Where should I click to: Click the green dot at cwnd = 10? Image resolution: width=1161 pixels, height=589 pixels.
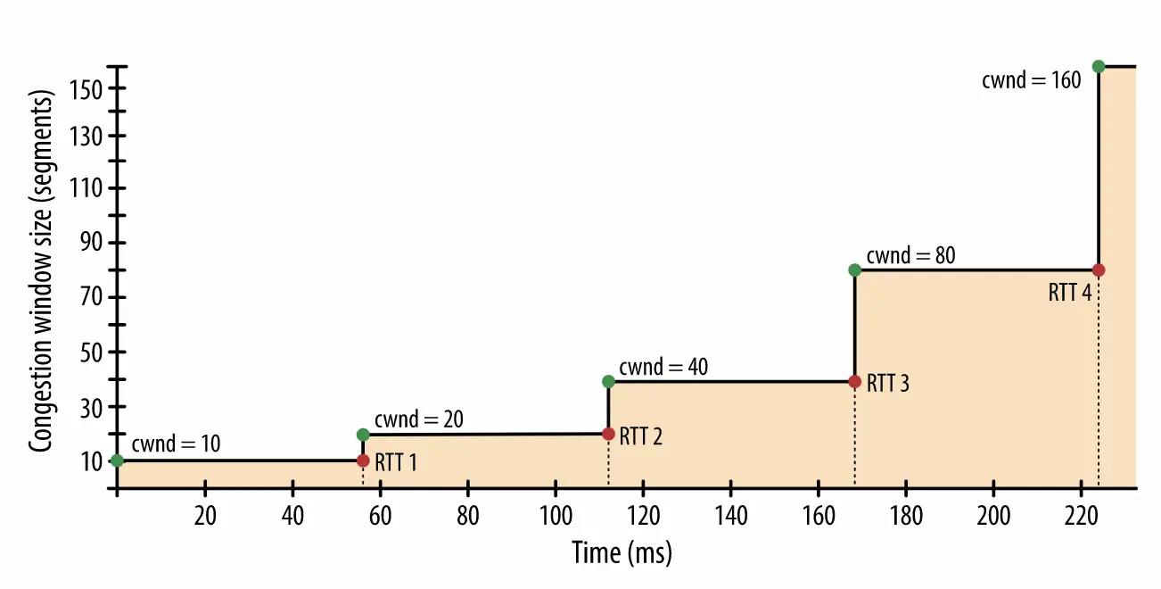tap(117, 460)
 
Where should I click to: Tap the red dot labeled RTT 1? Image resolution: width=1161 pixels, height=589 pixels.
tap(363, 460)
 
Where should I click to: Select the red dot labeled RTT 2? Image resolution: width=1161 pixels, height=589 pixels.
tap(608, 434)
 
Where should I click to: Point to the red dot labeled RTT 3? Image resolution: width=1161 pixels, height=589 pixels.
tap(854, 381)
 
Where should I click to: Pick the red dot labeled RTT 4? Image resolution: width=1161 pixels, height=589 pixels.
tap(1099, 270)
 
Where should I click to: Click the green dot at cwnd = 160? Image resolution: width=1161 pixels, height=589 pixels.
tap(1099, 66)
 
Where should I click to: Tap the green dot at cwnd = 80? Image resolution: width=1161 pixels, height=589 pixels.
tap(854, 270)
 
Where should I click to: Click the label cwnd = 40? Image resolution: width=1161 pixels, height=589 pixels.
tap(663, 367)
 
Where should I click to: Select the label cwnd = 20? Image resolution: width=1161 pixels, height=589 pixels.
tap(419, 419)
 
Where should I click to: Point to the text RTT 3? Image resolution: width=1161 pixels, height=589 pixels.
tap(888, 384)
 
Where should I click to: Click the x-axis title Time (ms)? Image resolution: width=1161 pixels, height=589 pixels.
tap(622, 552)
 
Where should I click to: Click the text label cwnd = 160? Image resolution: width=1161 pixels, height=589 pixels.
tap(1031, 80)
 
